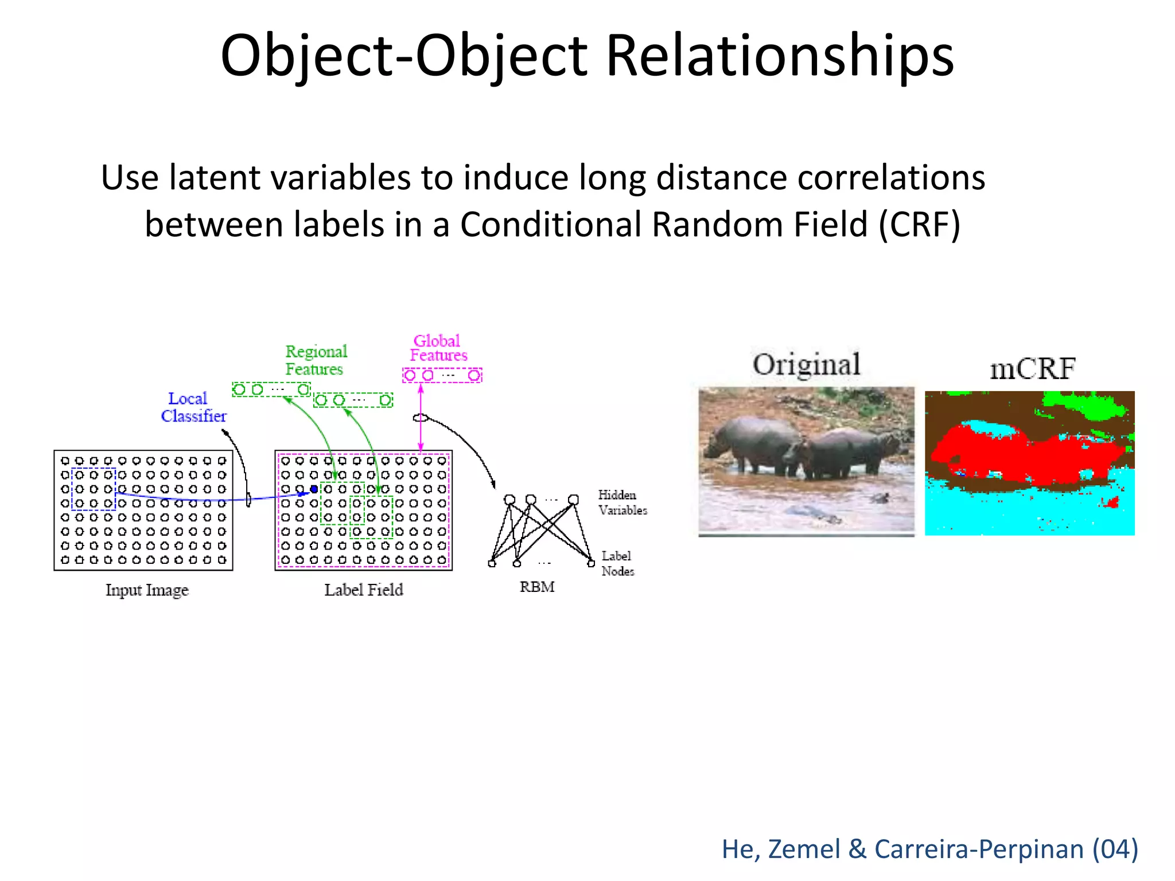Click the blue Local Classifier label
[193, 407]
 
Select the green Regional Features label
[316, 360]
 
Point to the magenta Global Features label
[438, 348]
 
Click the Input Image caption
[147, 590]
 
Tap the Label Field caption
[363, 590]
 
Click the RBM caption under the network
[536, 587]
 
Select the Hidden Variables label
[622, 502]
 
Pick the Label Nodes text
[617, 563]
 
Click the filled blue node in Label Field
[314, 489]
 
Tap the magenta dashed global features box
[442, 376]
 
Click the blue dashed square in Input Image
[94, 489]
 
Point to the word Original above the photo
[806, 365]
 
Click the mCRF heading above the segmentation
[1032, 368]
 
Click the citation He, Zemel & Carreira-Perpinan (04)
[929, 849]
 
